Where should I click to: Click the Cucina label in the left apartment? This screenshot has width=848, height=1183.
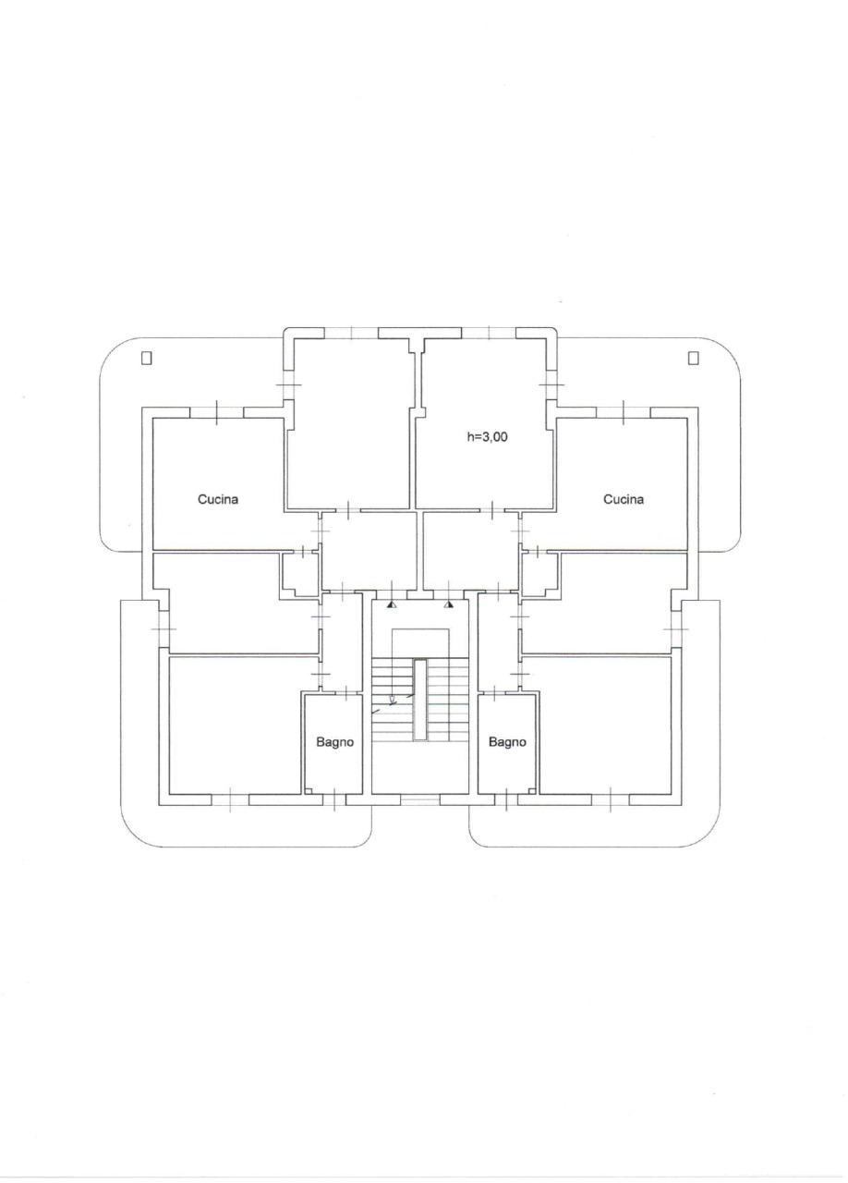218,499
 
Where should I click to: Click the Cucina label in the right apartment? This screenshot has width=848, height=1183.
623,499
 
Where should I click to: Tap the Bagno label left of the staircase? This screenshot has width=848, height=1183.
334,742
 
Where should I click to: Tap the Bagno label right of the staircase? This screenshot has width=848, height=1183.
507,742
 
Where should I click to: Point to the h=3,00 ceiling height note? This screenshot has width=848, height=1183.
487,437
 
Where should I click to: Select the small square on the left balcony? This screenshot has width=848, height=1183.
147,358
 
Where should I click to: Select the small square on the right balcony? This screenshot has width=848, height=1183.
694,358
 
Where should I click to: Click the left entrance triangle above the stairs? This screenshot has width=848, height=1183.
391,604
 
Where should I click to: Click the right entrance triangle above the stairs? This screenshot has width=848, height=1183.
449,604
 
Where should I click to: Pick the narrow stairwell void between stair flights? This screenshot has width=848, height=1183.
419,701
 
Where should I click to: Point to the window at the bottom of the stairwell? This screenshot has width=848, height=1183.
419,800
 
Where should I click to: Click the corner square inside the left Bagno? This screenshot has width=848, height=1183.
309,790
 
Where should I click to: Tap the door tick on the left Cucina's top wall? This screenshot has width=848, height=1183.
217,412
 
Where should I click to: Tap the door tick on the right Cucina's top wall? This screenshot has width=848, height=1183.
624,412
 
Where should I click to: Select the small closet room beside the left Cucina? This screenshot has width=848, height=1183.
300,575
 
